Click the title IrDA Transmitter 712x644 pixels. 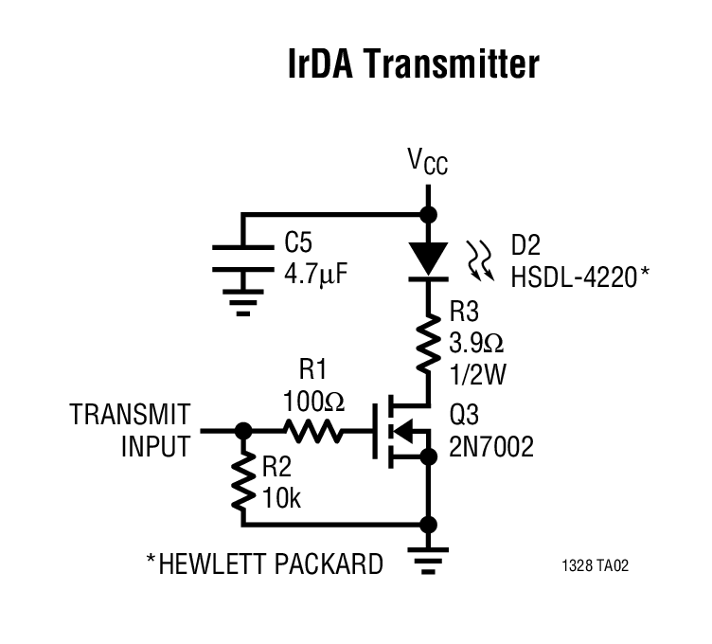pos(413,64)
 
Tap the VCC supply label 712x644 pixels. pos(428,162)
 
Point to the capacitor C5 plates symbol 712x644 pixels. pos(243,261)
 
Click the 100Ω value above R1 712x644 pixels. pos(314,402)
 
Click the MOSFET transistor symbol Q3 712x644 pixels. pos(402,432)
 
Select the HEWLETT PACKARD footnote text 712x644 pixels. pos(264,564)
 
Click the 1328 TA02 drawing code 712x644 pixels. pos(595,566)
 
